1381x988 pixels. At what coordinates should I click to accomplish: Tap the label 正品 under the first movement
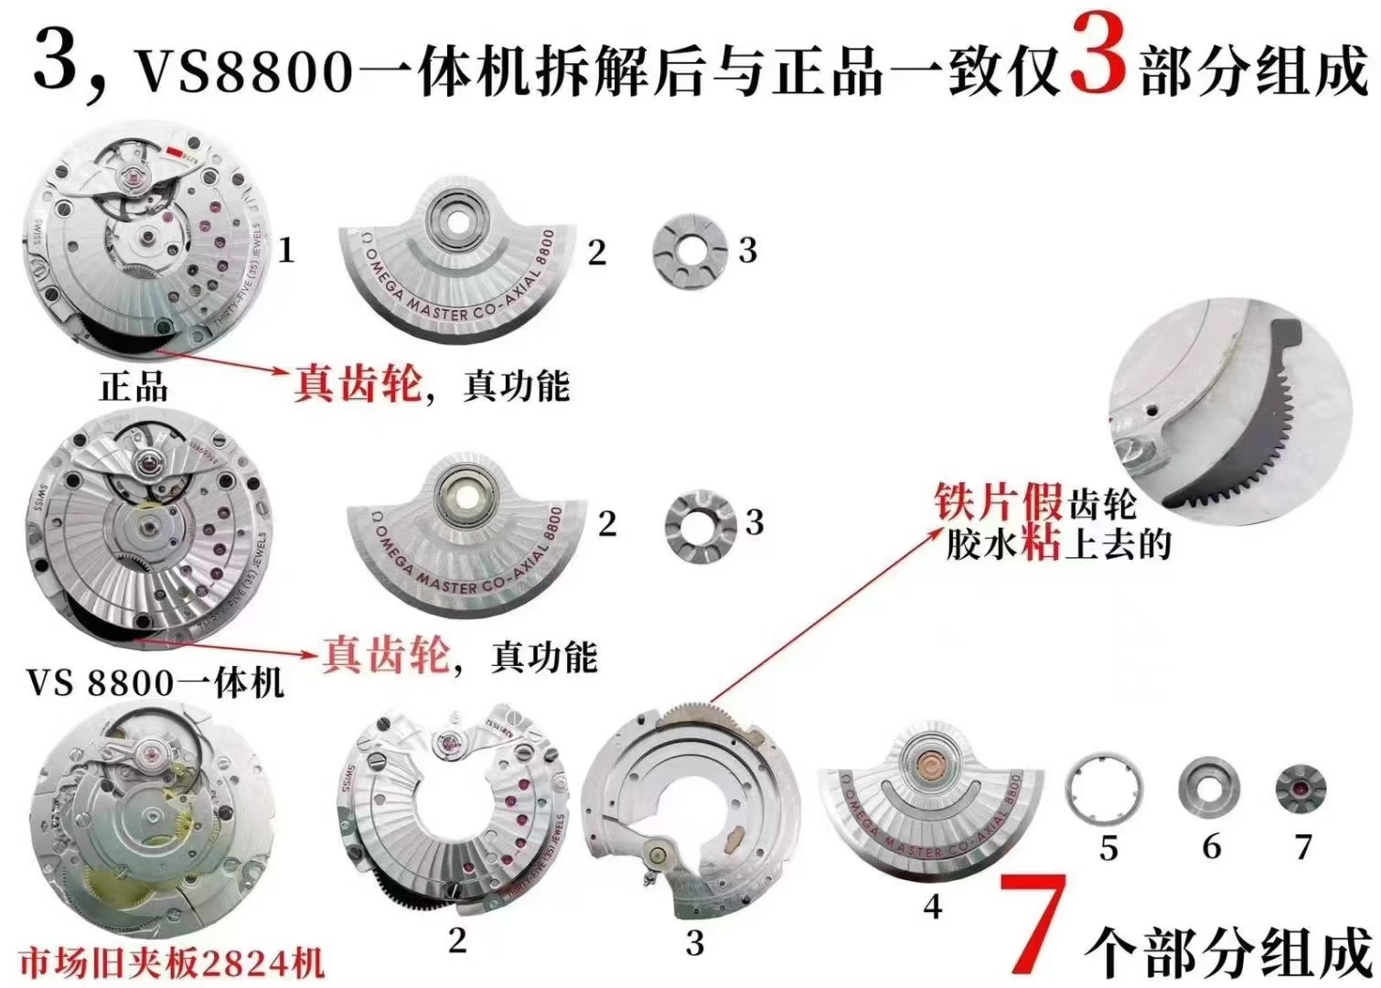coord(134,386)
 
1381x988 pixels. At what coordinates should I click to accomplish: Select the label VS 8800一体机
coord(155,682)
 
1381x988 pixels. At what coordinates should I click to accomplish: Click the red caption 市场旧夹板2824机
coord(171,963)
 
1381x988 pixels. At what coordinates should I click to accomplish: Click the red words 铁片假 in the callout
coord(997,502)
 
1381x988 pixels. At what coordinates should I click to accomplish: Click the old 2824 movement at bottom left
coord(151,823)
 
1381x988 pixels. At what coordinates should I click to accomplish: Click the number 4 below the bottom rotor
coord(932,907)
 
